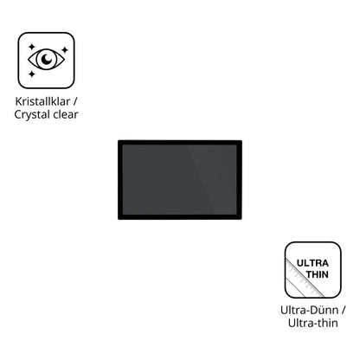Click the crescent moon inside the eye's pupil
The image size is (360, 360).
point(46,59)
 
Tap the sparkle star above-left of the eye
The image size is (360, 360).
point(32,47)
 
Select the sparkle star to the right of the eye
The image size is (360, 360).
point(65,50)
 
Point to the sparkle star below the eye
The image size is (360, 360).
point(32,74)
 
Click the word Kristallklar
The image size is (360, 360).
point(42,101)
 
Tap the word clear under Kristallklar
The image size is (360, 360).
point(65,114)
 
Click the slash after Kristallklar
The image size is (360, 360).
point(75,101)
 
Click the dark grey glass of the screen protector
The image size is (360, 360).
point(180,179)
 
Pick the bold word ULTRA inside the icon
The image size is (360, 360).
point(312,263)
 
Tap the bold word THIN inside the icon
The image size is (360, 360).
point(317,274)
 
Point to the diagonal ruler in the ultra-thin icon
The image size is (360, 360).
point(305,278)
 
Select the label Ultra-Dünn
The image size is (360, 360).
point(310,311)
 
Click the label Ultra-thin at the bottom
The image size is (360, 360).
point(313,323)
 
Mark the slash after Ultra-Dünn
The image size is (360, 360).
point(344,311)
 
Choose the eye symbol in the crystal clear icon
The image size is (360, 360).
point(46,59)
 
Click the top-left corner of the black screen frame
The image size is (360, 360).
point(119,140)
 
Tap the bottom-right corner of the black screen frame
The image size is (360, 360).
point(241,219)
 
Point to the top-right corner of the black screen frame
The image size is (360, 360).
point(241,140)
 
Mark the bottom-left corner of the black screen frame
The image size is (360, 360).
point(119,219)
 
